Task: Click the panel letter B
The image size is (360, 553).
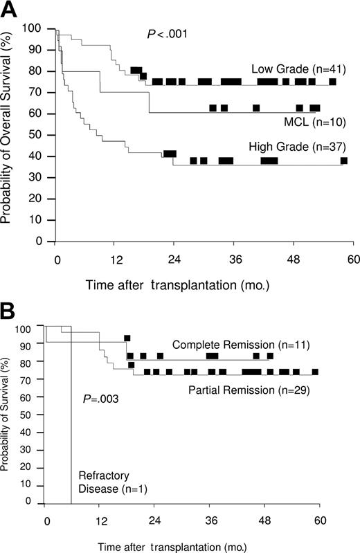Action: tap(9, 309)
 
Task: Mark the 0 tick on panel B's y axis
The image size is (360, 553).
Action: tap(28, 501)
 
